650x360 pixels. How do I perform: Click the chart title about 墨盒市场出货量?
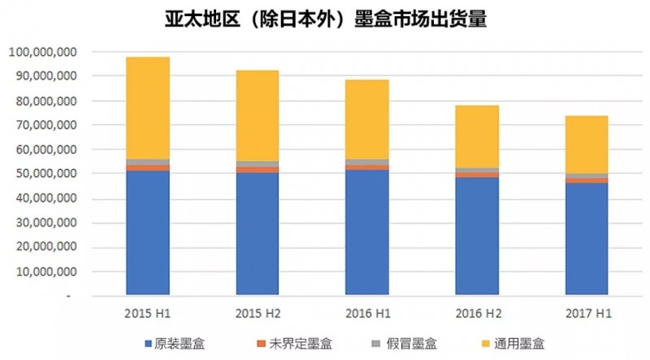pos(325,19)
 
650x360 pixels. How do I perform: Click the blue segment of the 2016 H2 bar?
pos(477,235)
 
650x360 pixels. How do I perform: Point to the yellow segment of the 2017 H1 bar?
pos(587,144)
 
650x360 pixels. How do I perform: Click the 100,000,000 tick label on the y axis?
pos(43,52)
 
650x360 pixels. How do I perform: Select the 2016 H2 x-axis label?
pos(477,313)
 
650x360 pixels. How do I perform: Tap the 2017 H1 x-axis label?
pos(587,313)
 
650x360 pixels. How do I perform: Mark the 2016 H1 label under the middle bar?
pos(367,313)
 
